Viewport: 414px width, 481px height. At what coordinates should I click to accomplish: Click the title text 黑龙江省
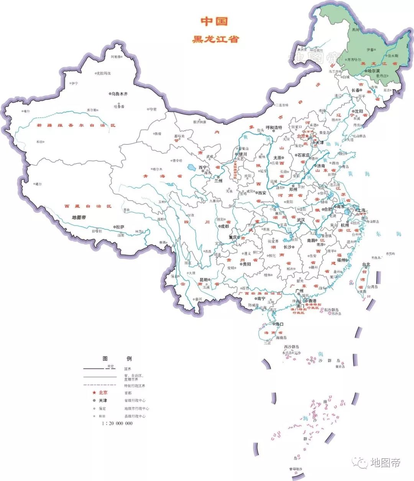(x=215, y=39)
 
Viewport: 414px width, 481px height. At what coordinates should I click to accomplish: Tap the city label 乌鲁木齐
(x=119, y=94)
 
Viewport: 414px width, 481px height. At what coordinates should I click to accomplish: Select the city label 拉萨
(x=120, y=227)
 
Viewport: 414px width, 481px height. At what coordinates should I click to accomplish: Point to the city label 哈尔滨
(x=373, y=71)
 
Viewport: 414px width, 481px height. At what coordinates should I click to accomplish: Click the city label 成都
(x=224, y=226)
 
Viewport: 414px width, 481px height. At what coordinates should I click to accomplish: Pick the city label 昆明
(x=204, y=280)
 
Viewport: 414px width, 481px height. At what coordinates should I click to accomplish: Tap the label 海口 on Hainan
(x=279, y=324)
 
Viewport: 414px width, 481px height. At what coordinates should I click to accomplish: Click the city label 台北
(x=366, y=264)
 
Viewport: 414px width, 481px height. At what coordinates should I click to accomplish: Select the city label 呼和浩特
(x=274, y=127)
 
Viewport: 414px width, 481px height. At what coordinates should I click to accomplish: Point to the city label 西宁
(x=202, y=167)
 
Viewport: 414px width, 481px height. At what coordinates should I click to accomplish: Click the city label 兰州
(x=218, y=181)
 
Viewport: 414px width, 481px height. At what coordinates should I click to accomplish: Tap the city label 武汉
(x=301, y=220)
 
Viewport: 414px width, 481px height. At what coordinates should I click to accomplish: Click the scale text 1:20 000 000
(x=117, y=423)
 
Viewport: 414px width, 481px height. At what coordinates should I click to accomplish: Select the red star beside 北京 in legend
(x=94, y=392)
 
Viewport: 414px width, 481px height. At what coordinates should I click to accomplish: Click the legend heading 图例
(x=117, y=359)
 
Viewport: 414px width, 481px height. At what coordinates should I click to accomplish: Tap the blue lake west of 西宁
(x=191, y=167)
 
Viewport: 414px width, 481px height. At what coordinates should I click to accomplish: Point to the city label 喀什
(x=26, y=111)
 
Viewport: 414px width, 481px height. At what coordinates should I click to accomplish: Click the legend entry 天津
(x=103, y=400)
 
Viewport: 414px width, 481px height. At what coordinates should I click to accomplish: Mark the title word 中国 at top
(x=215, y=21)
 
